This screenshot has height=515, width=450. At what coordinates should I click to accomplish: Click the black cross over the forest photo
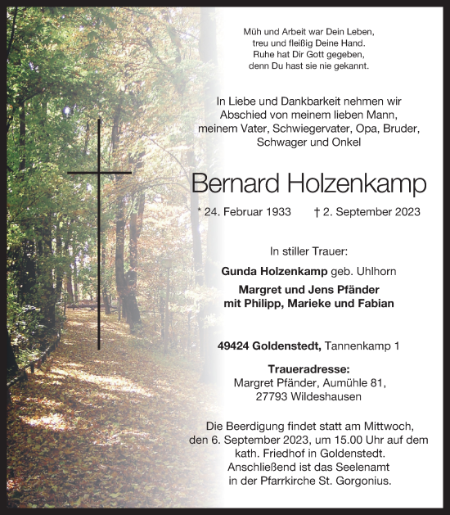tap(99, 174)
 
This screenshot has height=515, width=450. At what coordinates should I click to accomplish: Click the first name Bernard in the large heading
tap(232, 183)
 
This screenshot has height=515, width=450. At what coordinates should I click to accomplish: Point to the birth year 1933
tap(275, 211)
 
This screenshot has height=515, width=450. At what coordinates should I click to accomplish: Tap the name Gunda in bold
tap(240, 271)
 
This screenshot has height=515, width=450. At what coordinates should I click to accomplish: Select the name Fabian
tap(371, 303)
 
